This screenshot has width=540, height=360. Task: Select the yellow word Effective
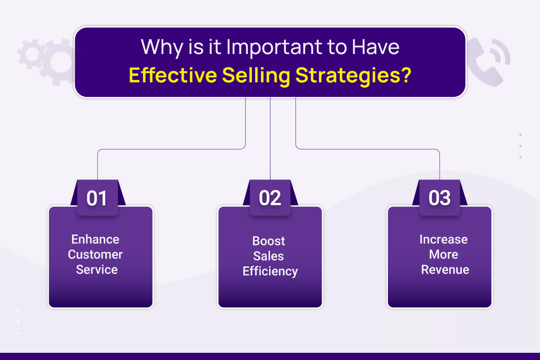(x=173, y=75)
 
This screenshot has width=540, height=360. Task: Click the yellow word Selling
(x=256, y=76)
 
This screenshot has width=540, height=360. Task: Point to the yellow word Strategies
(x=348, y=76)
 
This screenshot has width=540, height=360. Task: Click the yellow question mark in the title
(x=406, y=75)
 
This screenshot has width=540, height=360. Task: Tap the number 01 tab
(x=98, y=198)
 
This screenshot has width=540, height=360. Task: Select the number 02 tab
(x=270, y=198)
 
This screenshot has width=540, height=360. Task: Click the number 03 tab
(x=440, y=198)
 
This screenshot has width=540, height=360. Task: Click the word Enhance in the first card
(x=95, y=239)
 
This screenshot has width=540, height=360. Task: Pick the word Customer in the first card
(x=95, y=254)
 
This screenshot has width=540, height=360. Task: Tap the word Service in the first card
(x=97, y=270)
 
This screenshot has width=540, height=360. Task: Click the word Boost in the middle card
(x=269, y=241)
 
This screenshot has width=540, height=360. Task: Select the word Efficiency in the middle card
(x=270, y=271)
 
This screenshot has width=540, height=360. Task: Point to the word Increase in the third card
(x=444, y=239)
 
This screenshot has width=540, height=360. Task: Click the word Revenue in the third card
(x=445, y=270)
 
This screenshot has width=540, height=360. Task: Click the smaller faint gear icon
(x=31, y=54)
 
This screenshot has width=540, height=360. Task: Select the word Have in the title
(x=376, y=47)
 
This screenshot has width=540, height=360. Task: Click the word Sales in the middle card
(x=269, y=256)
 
